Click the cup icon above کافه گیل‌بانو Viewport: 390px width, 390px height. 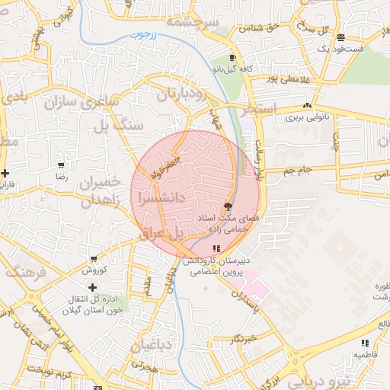[232, 58]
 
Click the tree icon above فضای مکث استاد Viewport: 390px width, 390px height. [227, 206]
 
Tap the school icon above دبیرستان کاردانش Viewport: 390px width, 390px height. [217, 248]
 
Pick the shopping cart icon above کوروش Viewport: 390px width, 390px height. [93, 259]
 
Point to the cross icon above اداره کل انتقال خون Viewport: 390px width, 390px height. [92, 287]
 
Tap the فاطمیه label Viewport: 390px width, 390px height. [365, 355]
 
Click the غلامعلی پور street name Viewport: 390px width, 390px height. [283, 78]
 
